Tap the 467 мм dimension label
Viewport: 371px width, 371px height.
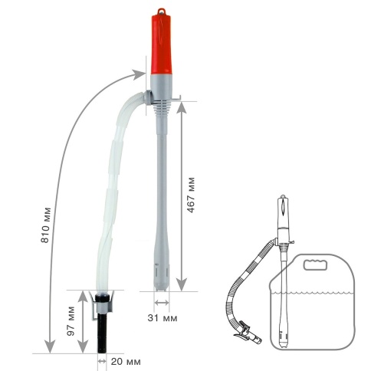coord(191,195)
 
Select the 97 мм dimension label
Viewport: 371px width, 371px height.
coord(71,321)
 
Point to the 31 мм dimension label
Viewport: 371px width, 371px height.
coord(163,318)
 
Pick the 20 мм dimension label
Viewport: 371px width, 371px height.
coord(126,362)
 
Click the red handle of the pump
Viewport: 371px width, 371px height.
coord(161,44)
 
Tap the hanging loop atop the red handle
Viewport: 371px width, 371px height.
coord(161,11)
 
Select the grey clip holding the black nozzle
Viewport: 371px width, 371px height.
coord(101,304)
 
